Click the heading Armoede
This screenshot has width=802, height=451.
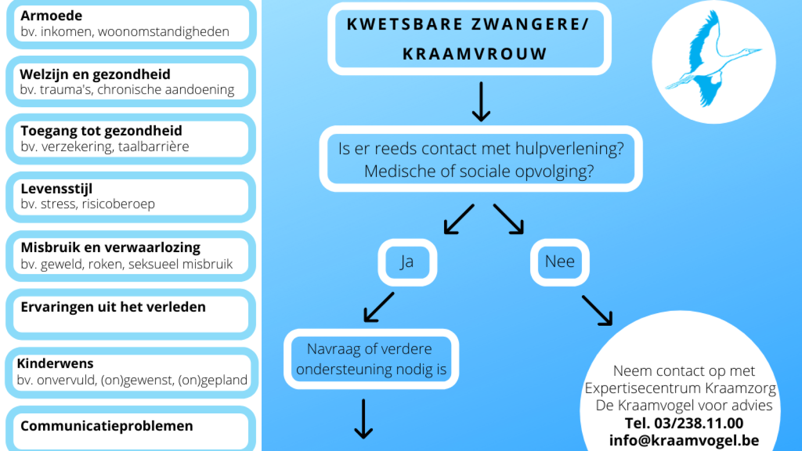click(x=51, y=16)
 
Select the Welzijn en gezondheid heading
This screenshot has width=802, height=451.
click(x=95, y=75)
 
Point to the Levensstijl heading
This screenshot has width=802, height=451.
click(x=56, y=188)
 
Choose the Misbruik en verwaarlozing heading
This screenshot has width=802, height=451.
click(x=110, y=248)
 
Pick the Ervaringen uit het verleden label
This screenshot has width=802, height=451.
click(x=113, y=307)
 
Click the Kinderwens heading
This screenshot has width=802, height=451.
click(x=55, y=363)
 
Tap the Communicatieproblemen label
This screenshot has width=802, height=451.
click(x=107, y=426)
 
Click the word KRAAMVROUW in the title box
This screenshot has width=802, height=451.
click(x=475, y=54)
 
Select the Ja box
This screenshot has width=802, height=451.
click(x=408, y=263)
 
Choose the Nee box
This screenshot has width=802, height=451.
click(x=559, y=263)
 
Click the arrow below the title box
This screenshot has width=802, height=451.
click(x=481, y=102)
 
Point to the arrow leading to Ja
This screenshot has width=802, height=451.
click(x=459, y=219)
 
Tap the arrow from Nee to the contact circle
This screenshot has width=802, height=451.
click(x=597, y=310)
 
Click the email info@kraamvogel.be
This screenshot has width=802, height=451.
click(x=684, y=440)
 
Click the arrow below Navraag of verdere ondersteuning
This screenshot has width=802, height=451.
click(x=363, y=419)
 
